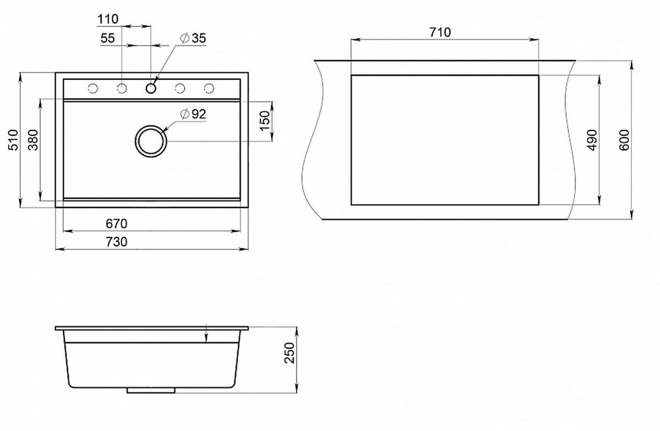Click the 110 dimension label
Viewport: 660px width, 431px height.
click(108, 19)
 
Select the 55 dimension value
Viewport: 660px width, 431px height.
click(108, 39)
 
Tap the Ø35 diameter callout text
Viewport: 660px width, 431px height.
click(193, 39)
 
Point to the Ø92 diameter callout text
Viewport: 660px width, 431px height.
click(193, 114)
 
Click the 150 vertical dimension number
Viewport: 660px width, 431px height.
click(266, 121)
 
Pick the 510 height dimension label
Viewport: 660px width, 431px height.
click(14, 140)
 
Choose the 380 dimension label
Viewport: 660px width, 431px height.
click(34, 140)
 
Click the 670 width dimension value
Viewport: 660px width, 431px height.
click(117, 223)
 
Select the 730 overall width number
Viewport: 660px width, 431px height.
click(117, 242)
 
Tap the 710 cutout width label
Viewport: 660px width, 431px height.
click(440, 32)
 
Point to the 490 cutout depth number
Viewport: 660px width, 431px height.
click(592, 140)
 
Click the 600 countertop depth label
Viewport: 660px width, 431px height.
click(624, 140)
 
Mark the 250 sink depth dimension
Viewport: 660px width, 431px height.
click(290, 353)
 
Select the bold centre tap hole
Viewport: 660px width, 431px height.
click(151, 88)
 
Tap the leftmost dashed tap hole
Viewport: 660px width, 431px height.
click(93, 88)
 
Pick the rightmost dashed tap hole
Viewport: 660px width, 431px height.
click(209, 88)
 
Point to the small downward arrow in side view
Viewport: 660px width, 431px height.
click(206, 334)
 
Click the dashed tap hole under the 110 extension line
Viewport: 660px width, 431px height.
click(122, 88)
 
